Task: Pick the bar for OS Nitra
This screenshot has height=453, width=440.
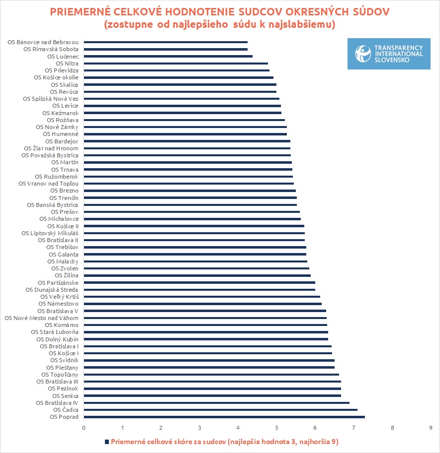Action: (x=176, y=64)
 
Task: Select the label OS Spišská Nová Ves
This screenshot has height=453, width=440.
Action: (x=51, y=99)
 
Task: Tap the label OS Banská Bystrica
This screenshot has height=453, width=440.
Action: (x=53, y=205)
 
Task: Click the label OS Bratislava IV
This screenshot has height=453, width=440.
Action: (x=58, y=403)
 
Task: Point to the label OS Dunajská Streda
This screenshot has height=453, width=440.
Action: (x=52, y=290)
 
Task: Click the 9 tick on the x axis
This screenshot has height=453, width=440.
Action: (x=431, y=427)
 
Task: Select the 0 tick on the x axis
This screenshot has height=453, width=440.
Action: (x=84, y=427)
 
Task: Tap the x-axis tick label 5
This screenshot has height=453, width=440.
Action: (x=276, y=427)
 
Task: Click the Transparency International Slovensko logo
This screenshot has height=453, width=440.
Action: (x=389, y=54)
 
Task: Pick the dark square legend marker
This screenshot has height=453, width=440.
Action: (x=106, y=442)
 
